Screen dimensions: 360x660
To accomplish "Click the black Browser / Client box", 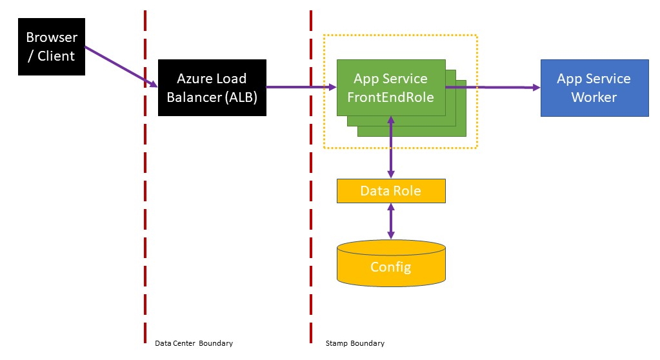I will [x=51, y=46].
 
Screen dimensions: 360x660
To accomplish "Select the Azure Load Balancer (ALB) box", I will [x=212, y=88].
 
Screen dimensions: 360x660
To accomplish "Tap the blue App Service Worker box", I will [x=594, y=88].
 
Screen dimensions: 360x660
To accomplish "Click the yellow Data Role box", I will [x=390, y=191].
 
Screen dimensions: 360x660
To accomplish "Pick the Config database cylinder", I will [x=391, y=265].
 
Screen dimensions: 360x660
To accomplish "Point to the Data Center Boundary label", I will [x=194, y=343].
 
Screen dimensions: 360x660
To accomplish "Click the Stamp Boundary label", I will [x=355, y=343].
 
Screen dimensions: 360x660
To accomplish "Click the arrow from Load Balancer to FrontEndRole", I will [x=299, y=87].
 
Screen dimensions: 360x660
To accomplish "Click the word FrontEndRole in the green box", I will [x=390, y=97].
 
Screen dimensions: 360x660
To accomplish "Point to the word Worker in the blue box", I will [x=594, y=97].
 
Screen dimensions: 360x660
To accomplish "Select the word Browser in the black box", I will [x=51, y=37].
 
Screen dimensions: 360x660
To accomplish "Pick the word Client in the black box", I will [x=56, y=56].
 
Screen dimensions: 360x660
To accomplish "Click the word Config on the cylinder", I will [x=390, y=266].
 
